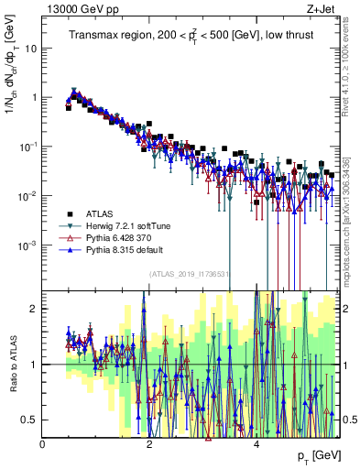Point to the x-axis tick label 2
(150, 444)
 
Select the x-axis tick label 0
(43, 444)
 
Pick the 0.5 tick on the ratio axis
(30, 420)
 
